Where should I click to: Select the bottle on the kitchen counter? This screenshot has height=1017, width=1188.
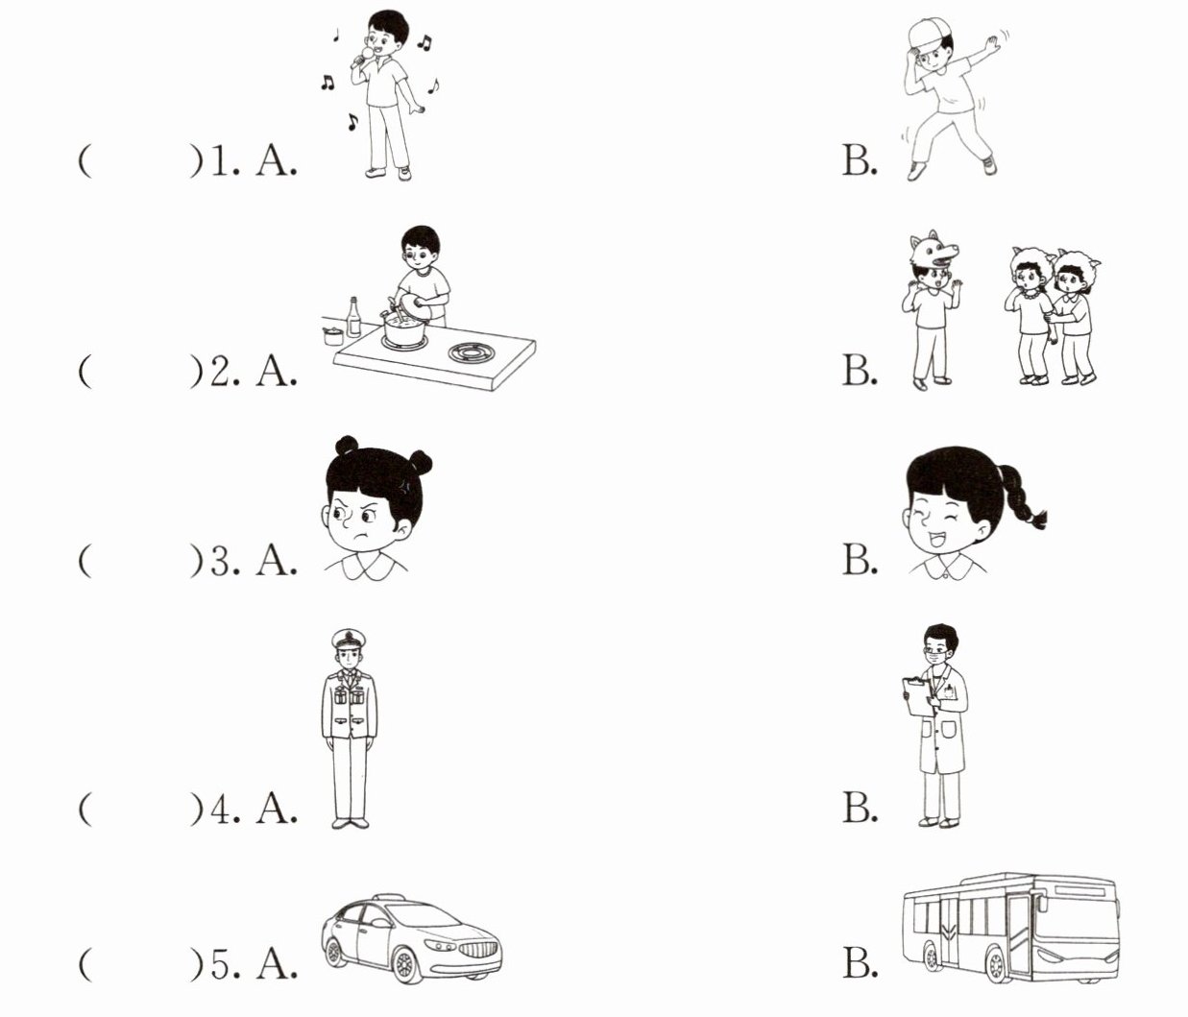coord(353,317)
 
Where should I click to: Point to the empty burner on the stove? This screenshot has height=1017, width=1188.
coord(472,352)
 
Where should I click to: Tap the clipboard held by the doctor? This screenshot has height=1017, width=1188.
coord(918,696)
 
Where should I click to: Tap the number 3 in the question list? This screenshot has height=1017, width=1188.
coord(220,562)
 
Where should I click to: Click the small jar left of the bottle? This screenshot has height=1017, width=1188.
coord(333,336)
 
